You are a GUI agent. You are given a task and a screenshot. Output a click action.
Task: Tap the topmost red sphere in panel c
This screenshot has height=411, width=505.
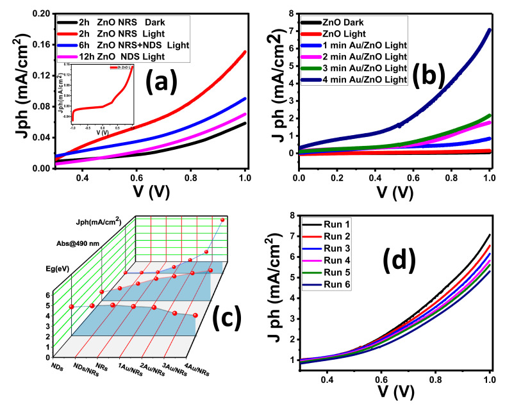[x=222, y=220]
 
